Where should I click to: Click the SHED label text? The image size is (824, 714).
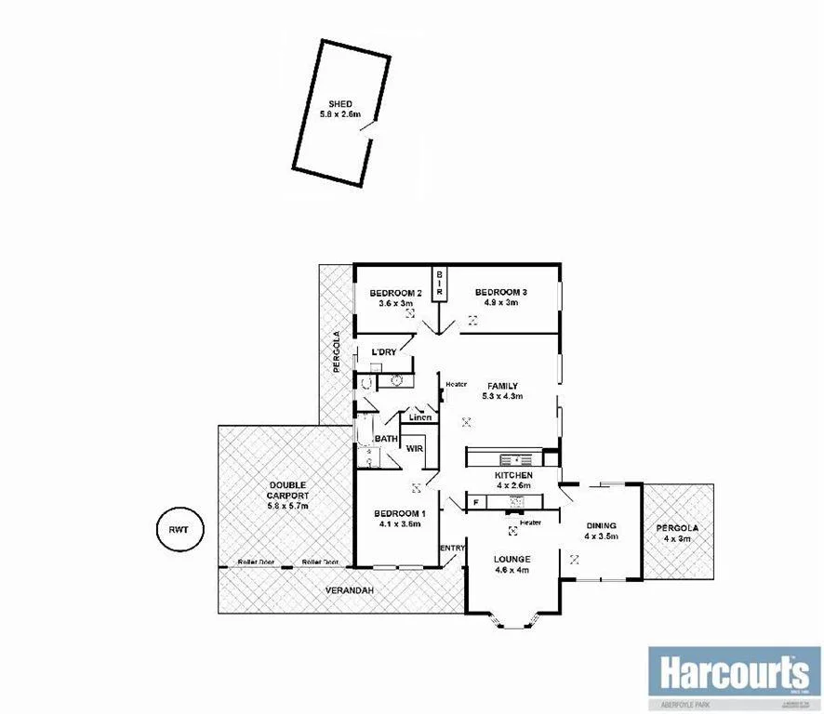point(340,103)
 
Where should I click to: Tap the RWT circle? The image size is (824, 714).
point(177,531)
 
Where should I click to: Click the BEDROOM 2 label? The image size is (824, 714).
point(390,294)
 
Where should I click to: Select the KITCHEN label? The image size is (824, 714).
point(512,475)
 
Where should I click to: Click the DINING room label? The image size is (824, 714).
point(601,526)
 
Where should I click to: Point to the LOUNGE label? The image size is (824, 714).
point(511,559)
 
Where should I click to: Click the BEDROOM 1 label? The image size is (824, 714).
point(399,514)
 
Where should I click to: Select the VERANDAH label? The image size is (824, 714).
point(349,591)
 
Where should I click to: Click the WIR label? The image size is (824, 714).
point(414,448)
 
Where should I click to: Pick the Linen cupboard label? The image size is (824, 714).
point(420,417)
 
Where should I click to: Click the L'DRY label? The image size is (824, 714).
point(384,352)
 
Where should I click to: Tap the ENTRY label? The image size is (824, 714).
point(452,548)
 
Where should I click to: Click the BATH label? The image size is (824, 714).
point(386,439)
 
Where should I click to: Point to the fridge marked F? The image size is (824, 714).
point(476,503)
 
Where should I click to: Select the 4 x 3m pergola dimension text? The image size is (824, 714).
point(679,538)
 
